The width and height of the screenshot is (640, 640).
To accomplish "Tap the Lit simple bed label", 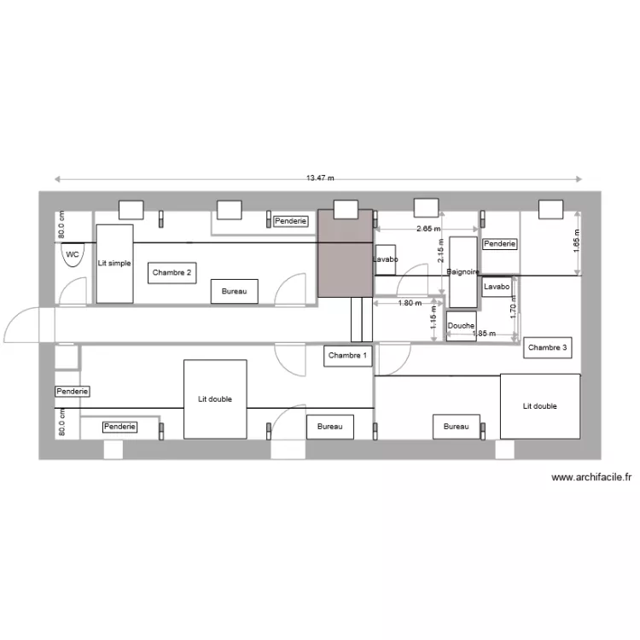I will point(114,264).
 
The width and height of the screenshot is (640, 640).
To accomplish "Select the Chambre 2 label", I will point(172,273).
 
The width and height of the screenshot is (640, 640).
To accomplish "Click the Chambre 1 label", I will point(348,356).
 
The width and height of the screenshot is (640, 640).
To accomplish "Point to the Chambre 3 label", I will point(547,347).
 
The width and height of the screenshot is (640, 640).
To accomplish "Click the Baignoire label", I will point(463,271).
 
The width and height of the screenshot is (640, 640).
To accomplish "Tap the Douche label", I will point(461,326).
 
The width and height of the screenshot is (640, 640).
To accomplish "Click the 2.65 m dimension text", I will point(428,230).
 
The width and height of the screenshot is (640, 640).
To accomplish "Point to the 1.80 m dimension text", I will point(410,303).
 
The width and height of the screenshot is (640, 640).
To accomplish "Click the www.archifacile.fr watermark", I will point(591,478).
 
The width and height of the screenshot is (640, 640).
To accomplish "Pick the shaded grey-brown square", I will point(345,253).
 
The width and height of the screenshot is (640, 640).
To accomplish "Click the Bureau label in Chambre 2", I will point(234,292).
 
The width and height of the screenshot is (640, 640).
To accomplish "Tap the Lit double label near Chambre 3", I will point(539,406).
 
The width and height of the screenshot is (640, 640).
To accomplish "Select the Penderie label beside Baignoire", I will point(500,244).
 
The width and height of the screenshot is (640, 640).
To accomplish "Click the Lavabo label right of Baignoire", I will point(496,288).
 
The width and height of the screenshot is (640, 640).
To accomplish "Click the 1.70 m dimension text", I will point(513,313).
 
